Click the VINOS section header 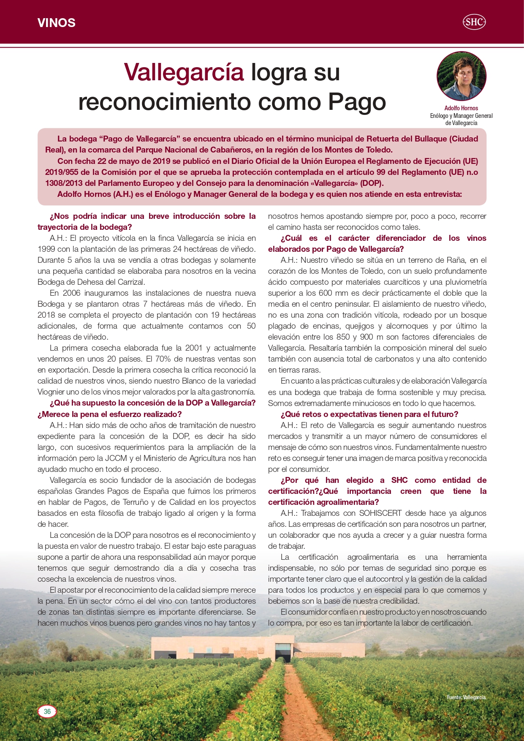[x=56, y=23]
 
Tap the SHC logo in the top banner [x=474, y=22]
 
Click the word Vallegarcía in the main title [x=184, y=72]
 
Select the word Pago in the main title [x=357, y=102]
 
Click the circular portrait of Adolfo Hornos [x=461, y=76]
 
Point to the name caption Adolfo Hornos [x=461, y=108]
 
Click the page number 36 [x=47, y=711]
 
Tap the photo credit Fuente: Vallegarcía [x=466, y=697]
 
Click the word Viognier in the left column [x=52, y=392]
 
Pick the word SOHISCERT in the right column [x=380, y=513]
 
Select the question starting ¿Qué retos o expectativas [x=369, y=414]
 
